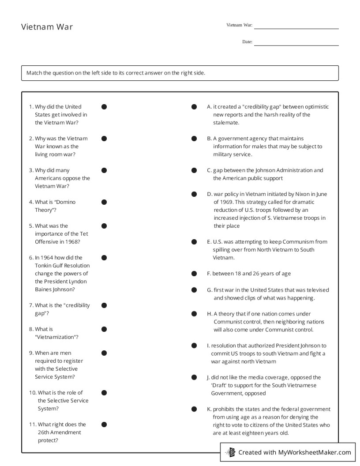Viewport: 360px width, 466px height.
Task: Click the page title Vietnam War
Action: point(47,27)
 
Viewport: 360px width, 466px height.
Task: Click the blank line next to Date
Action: point(296,45)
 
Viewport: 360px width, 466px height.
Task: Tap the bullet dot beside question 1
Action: point(104,107)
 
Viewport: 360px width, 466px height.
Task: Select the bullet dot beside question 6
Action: point(104,258)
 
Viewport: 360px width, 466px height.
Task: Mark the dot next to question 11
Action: point(104,425)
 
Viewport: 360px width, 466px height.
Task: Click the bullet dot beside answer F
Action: point(194,274)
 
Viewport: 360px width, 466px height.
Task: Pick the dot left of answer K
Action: point(194,409)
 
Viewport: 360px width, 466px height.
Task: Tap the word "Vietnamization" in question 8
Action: point(56,337)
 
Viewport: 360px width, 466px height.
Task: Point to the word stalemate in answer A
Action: point(226,123)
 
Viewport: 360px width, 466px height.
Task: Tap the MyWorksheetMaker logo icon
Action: point(230,452)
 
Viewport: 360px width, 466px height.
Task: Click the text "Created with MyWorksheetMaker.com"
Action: point(294,452)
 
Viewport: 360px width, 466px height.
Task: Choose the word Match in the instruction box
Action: point(34,73)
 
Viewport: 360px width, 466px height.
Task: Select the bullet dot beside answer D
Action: point(194,194)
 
